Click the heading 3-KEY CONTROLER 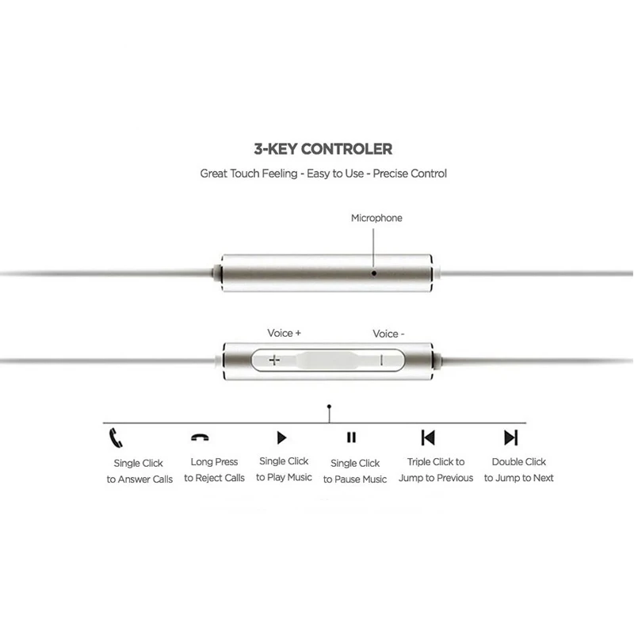pos(323,148)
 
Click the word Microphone pos(376,218)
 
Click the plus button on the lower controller pos(275,360)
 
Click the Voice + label pos(284,334)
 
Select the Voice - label pos(388,334)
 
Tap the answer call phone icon pos(116,437)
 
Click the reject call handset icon pos(200,437)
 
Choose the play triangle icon pos(281,437)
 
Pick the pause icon pos(351,437)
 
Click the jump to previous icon pos(428,437)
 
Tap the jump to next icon pos(510,437)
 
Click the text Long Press pos(214,461)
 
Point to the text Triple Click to pos(436,461)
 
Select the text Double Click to pos(519,461)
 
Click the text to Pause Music pos(355,479)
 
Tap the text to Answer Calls pos(139,479)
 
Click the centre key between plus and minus pos(327,360)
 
